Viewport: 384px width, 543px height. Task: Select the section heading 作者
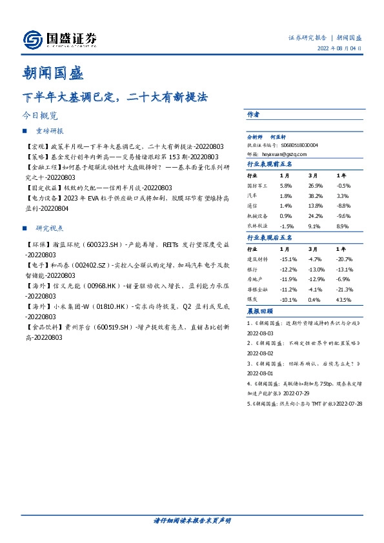tap(254, 114)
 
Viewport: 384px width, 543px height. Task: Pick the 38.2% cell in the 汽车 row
tap(315, 195)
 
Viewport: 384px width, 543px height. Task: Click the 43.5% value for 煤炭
tap(344, 300)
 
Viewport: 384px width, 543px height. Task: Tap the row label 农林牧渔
tap(258, 226)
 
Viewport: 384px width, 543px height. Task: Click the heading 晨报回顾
tap(259, 312)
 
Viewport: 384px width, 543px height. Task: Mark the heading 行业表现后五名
tap(270, 237)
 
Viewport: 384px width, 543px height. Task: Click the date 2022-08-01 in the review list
tap(260, 373)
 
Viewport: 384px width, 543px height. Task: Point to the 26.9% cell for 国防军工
tap(315, 185)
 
